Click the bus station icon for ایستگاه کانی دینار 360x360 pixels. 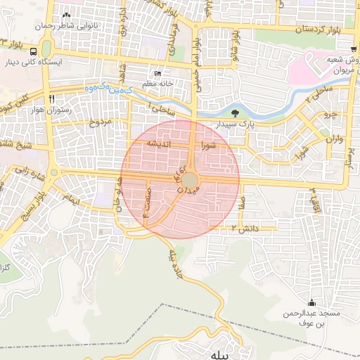33,51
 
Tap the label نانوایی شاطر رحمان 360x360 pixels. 69,25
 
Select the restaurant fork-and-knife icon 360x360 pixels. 51,98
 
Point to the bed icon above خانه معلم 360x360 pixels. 157,73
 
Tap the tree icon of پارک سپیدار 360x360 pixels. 235,112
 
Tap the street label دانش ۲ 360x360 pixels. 247,229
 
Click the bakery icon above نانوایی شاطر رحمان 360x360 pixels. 67,15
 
